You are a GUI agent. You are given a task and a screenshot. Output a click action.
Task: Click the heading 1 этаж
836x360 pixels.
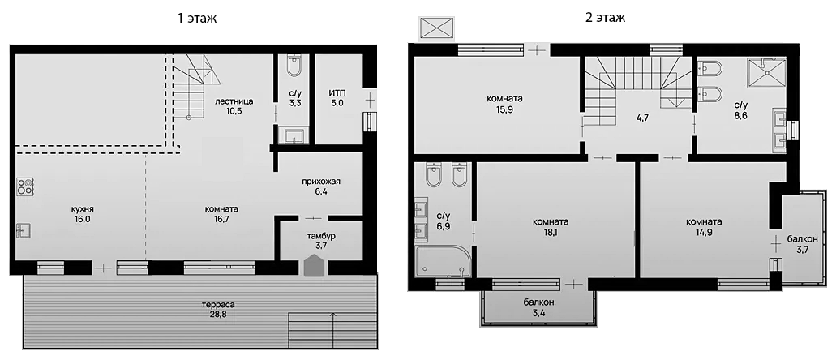195,17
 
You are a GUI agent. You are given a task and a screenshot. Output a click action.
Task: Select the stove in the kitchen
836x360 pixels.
25,187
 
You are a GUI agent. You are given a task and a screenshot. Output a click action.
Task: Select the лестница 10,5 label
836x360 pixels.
234,106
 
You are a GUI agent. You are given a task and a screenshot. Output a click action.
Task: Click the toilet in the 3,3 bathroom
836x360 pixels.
294,66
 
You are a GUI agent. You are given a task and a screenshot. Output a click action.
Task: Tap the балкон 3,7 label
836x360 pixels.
802,244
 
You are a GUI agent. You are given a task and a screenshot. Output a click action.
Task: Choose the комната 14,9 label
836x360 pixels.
704,226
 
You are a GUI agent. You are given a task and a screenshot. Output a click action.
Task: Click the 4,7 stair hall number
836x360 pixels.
642,118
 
